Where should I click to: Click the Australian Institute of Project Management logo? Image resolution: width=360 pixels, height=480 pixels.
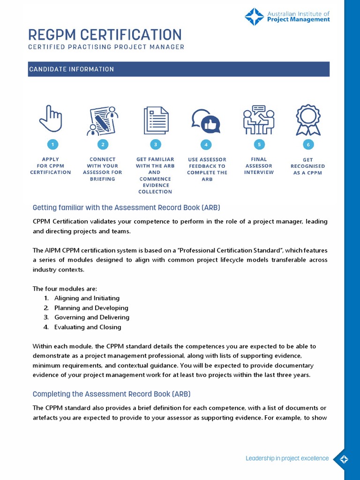(x=287, y=17)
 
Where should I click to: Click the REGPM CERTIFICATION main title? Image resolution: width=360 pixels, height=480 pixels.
(x=105, y=35)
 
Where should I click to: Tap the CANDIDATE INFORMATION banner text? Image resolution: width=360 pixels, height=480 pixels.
(x=71, y=69)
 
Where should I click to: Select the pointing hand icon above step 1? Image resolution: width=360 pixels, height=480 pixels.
(x=51, y=119)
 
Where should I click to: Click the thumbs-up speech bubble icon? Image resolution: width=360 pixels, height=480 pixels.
(x=206, y=121)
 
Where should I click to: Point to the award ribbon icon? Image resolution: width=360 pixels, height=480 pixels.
(x=308, y=120)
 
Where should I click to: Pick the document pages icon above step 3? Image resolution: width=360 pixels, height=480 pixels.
(x=156, y=120)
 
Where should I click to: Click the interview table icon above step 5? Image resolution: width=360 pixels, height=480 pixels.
(x=258, y=120)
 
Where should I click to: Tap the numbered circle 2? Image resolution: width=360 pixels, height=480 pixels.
(x=103, y=144)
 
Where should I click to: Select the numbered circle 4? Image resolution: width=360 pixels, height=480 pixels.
(x=205, y=144)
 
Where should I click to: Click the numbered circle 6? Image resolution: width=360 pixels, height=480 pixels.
(x=308, y=144)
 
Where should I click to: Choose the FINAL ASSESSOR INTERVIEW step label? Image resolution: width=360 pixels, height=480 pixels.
(x=258, y=166)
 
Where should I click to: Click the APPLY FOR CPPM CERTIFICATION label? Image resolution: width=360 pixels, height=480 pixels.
(x=51, y=166)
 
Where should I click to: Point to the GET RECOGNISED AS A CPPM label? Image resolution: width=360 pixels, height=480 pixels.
(x=307, y=166)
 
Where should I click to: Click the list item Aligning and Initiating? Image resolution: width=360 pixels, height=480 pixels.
(x=87, y=298)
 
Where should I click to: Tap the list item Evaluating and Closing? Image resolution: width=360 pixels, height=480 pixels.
(x=88, y=327)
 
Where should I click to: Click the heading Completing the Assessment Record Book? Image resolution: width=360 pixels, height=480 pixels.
(x=112, y=394)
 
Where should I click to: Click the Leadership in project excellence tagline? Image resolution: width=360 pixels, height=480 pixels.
(x=287, y=458)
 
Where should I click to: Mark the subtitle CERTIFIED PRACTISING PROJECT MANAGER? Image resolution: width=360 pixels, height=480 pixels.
(x=106, y=47)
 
